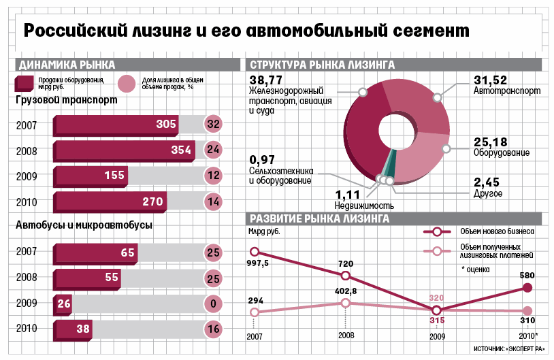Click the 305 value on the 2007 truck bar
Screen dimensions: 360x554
click(x=166, y=124)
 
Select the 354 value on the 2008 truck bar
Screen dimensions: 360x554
click(x=181, y=150)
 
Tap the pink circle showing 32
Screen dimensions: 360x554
click(x=213, y=124)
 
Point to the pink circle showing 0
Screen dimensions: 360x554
click(x=213, y=304)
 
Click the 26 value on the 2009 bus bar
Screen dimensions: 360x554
click(x=65, y=304)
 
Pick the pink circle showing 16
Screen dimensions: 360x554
click(x=213, y=329)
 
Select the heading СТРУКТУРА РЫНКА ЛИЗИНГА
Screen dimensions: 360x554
click(x=322, y=65)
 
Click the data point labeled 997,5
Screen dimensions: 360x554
click(x=255, y=252)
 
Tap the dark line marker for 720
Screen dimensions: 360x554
click(x=346, y=276)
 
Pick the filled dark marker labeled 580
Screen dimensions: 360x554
click(x=527, y=288)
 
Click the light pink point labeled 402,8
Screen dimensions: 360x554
click(x=346, y=304)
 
